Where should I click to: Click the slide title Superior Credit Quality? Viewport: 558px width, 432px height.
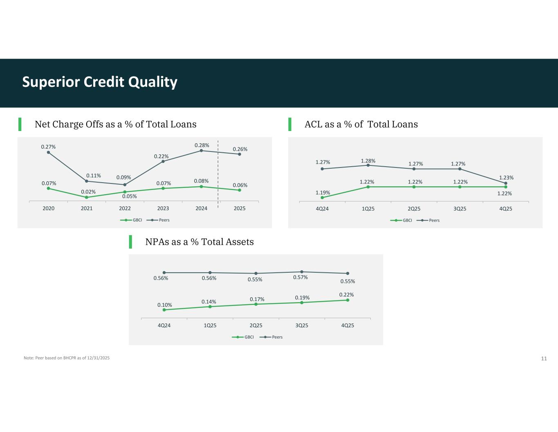tap(100, 82)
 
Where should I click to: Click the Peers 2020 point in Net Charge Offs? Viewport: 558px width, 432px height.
tap(49, 152)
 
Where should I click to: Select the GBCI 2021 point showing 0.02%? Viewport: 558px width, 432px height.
tap(87, 197)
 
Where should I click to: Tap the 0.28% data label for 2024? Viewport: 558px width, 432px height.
tap(202, 145)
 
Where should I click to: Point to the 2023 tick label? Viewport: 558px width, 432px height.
tap(163, 208)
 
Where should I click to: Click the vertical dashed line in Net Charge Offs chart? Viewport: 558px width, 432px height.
tap(218, 174)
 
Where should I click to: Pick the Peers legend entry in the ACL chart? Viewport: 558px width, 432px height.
tap(428, 220)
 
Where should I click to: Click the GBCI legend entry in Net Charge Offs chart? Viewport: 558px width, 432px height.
tap(131, 220)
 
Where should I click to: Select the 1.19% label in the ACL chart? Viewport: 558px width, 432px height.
tap(323, 192)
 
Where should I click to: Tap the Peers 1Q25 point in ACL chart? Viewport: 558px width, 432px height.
tap(368, 165)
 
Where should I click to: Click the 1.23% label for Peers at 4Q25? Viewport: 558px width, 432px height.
tap(506, 178)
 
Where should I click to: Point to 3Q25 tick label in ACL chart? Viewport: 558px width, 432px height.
tap(459, 209)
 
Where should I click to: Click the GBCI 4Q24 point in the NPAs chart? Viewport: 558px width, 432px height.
tap(164, 310)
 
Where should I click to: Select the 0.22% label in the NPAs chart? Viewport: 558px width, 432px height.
tap(346, 295)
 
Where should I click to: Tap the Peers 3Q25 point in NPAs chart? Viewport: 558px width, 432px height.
tap(302, 272)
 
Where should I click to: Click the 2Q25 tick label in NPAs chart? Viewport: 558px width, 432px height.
tap(256, 326)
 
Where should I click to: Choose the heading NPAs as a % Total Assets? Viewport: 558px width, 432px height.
tap(199, 242)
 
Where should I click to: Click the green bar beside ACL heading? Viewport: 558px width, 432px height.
tap(290, 124)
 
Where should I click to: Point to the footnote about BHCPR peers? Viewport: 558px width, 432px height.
tap(67, 358)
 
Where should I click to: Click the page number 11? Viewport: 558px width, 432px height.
tap(544, 358)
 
